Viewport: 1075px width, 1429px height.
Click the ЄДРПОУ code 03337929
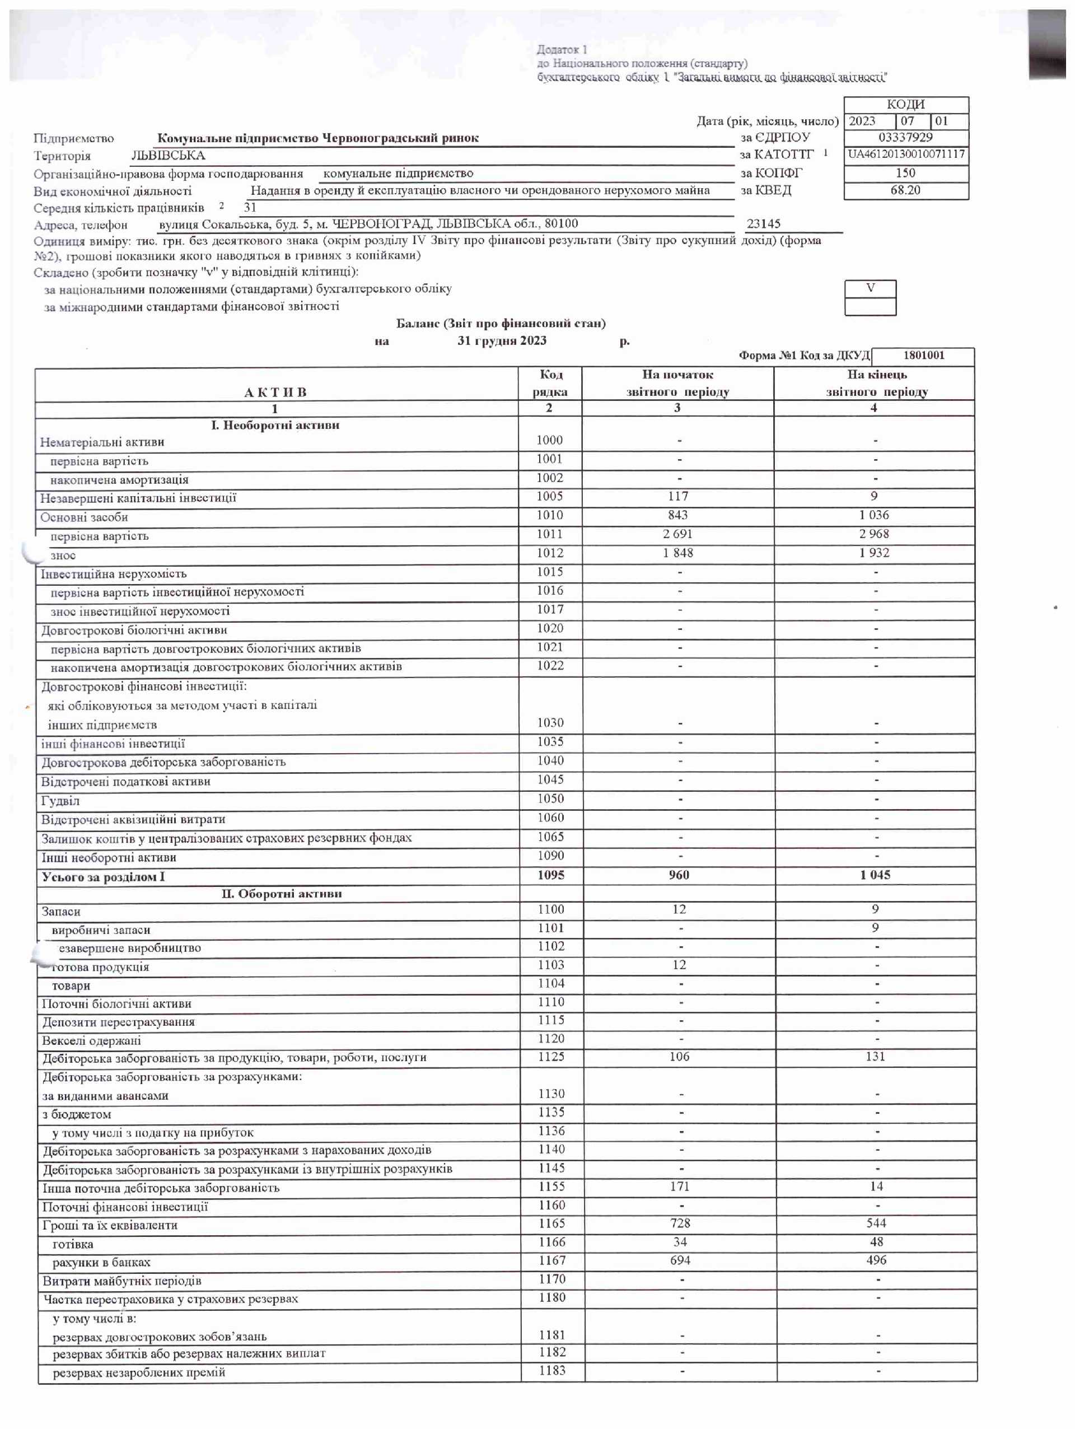[x=905, y=137]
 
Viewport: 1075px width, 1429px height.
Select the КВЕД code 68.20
[x=905, y=190]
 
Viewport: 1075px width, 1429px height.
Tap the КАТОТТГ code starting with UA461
[x=906, y=155]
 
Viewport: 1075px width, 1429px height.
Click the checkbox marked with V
[x=870, y=288]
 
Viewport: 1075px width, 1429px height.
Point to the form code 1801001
[x=923, y=356]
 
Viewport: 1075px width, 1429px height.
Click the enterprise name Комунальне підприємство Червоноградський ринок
[x=318, y=138]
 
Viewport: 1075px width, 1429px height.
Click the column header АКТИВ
[x=275, y=392]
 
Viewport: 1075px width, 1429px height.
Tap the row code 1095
[x=550, y=875]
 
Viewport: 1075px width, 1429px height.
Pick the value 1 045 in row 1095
[x=875, y=875]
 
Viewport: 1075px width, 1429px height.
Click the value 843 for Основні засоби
[x=677, y=515]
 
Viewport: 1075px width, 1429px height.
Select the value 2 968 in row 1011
[x=874, y=534]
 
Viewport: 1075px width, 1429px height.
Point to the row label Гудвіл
[x=60, y=800]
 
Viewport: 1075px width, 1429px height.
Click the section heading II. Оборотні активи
[x=281, y=894]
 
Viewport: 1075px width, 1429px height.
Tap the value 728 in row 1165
[x=680, y=1223]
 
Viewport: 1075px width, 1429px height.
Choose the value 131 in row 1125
[x=875, y=1056]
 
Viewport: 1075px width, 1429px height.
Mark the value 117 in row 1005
[x=677, y=496]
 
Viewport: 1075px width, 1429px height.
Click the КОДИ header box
[x=906, y=105]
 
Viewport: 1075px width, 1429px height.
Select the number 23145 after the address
[x=764, y=223]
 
